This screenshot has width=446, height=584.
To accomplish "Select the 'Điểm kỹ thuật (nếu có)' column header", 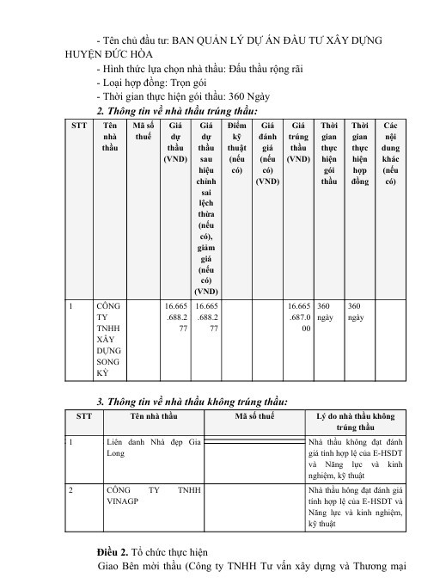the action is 236,147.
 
